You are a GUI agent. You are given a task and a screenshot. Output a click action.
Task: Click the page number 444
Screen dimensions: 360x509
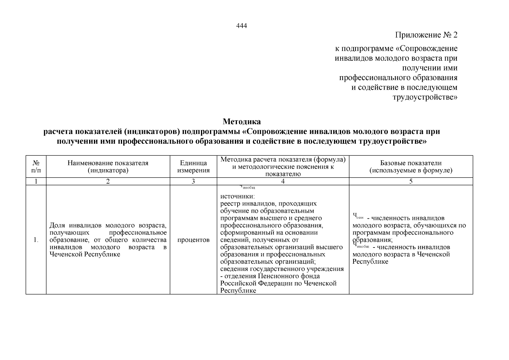coord(241,26)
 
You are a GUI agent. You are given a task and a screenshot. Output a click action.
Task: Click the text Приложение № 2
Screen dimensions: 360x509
coord(426,35)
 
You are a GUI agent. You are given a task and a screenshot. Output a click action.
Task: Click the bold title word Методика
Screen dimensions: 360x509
coord(241,122)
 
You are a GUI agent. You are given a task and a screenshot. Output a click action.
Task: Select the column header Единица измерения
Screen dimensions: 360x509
coord(193,167)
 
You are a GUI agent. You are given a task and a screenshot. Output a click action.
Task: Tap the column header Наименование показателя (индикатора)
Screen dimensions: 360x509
coord(108,167)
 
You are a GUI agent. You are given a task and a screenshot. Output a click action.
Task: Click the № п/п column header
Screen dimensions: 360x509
coord(36,167)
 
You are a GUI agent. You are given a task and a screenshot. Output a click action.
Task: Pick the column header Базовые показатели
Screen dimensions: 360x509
coord(411,167)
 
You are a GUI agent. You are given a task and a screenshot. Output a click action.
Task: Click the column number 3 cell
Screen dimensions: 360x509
coord(193,181)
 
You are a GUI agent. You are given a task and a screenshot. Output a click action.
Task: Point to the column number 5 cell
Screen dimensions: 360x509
coord(411,181)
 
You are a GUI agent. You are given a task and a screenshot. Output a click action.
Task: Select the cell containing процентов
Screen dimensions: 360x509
coord(193,240)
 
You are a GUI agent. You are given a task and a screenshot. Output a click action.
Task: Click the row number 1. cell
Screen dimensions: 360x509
coord(36,240)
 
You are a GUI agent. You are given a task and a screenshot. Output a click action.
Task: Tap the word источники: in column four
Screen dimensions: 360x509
coord(237,197)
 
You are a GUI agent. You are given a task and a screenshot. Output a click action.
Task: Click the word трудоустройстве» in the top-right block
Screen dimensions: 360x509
coord(425,97)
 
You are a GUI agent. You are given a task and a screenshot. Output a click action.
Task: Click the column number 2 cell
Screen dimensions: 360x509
coord(108,181)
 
